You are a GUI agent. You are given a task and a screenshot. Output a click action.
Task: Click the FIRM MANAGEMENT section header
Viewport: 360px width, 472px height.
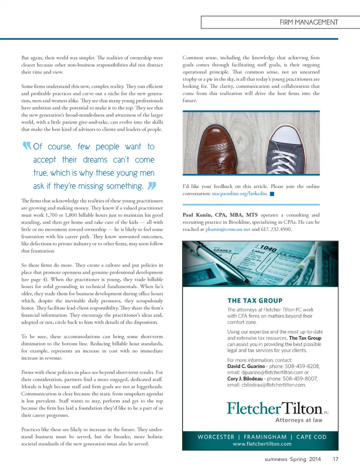tap(308, 22)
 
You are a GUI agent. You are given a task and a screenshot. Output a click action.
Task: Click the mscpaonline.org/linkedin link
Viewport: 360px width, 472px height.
tap(240, 194)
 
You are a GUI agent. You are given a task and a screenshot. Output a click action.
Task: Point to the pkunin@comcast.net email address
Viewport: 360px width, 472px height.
tap(228, 229)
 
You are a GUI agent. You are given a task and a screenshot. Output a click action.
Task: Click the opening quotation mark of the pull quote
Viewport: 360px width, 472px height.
tap(27, 146)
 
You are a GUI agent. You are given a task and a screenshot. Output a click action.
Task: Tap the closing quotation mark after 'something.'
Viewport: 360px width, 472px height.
tap(152, 186)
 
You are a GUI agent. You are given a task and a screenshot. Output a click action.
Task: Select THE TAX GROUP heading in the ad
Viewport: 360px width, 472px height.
tap(255, 300)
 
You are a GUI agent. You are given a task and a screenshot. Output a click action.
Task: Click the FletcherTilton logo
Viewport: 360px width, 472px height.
tap(274, 408)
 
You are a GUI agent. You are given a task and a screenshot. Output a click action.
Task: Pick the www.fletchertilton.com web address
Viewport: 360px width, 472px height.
tap(262, 444)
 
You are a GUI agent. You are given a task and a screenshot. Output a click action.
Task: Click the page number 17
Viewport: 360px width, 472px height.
tap(335, 459)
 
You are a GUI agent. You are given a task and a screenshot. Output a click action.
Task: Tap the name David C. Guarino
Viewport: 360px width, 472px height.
tap(246, 366)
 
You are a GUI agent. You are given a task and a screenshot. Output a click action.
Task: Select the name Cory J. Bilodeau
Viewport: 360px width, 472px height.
tap(245, 379)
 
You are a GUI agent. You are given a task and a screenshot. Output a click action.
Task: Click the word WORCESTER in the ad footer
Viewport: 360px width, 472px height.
tap(216, 437)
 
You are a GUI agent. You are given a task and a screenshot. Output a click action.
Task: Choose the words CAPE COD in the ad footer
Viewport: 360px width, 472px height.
tap(311, 437)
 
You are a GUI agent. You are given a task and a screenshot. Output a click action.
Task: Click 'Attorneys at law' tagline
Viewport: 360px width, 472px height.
tap(299, 420)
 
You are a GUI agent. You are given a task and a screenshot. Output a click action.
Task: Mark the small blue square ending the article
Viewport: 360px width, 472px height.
tap(272, 194)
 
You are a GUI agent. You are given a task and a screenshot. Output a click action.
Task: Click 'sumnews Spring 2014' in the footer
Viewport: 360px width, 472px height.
tap(292, 459)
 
